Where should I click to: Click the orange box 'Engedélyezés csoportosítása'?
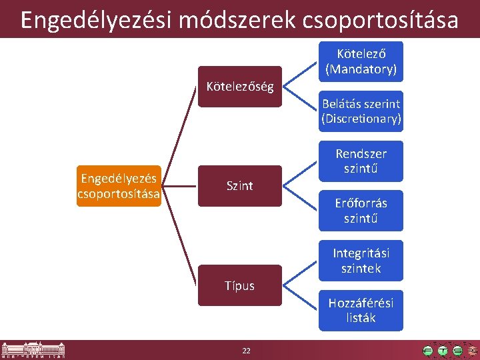point(119,186)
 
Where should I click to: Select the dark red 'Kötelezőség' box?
point(240,87)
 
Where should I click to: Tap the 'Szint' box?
point(240,186)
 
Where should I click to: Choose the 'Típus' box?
point(240,285)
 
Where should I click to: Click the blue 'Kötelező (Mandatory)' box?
point(361,61)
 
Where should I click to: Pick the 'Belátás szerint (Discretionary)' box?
point(361,111)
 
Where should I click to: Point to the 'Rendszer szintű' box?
point(361,161)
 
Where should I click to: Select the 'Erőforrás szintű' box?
point(361,210)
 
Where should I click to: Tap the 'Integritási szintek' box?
point(361,260)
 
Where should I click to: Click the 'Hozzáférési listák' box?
point(361,310)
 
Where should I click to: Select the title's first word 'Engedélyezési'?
point(86,20)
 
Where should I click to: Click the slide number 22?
point(246,351)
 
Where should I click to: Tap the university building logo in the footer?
point(33,349)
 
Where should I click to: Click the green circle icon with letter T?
point(443,351)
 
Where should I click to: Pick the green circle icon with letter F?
point(428,351)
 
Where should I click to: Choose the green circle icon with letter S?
point(457,351)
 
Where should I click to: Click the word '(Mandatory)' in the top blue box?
point(361,69)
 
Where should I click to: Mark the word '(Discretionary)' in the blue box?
point(361,119)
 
